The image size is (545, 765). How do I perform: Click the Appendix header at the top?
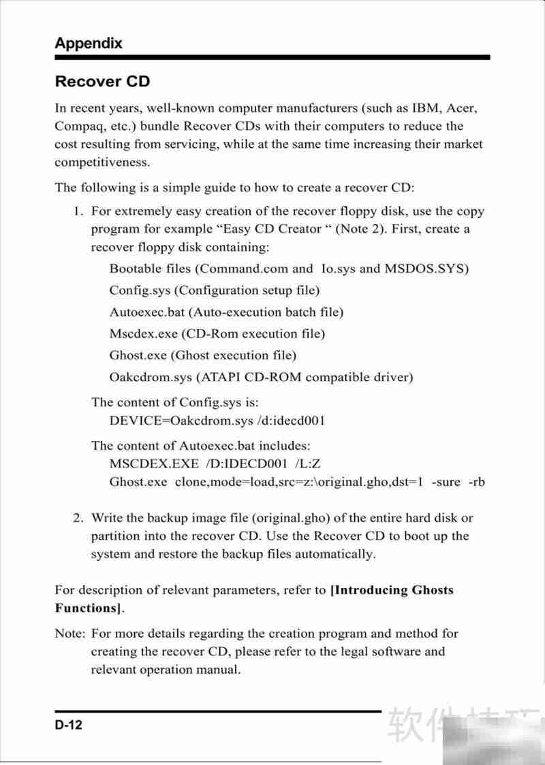tap(89, 43)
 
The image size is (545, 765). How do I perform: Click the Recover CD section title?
tap(102, 82)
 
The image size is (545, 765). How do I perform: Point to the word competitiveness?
tap(102, 162)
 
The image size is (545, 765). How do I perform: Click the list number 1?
tap(78, 212)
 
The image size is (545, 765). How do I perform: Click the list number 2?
tap(78, 519)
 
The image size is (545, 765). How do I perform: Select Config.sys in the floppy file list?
tap(140, 291)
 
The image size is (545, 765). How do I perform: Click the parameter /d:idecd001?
tap(291, 421)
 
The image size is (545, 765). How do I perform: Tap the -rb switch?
tap(476, 482)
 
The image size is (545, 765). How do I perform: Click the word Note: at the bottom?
tap(69, 634)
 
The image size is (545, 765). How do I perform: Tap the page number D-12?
tap(69, 726)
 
